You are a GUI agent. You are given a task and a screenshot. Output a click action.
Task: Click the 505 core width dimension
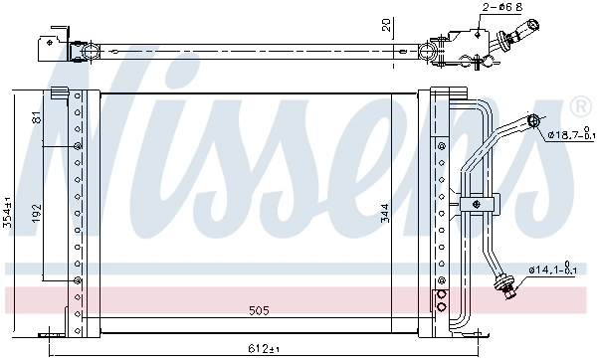tap(259, 311)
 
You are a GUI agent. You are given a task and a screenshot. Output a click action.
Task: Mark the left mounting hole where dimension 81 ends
tap(77, 146)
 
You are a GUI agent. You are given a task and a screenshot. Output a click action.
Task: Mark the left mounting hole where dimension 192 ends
tap(77, 280)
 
